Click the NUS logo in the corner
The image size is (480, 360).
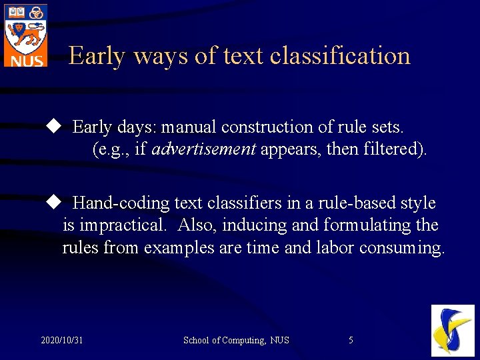(25, 35)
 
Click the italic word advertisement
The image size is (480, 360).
(203, 149)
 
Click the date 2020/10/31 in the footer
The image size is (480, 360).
(62, 341)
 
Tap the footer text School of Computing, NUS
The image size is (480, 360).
(236, 341)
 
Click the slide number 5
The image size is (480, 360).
(351, 341)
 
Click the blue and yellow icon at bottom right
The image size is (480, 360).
(453, 330)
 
